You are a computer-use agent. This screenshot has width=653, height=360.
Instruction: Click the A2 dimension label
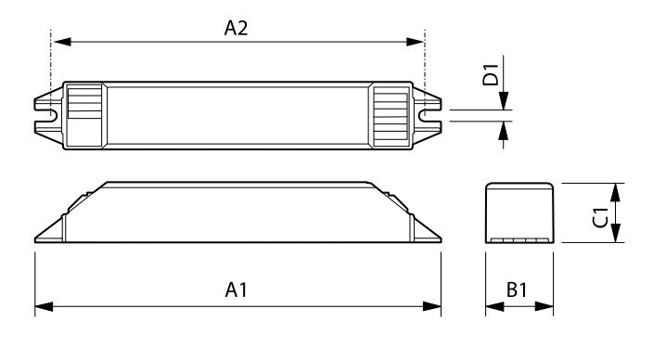(237, 28)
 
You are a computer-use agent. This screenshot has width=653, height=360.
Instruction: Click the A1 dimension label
(237, 289)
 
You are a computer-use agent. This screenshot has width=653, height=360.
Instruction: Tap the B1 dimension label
(517, 289)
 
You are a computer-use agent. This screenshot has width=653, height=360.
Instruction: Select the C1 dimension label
(600, 217)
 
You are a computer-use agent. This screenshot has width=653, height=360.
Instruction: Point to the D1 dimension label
(491, 74)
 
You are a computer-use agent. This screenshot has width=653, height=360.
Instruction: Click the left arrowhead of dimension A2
(62, 42)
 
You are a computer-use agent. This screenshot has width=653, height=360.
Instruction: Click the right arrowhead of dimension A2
(415, 42)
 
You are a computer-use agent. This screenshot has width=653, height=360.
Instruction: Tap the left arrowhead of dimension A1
(45, 307)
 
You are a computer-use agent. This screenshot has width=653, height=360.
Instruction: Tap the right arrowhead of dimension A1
(432, 307)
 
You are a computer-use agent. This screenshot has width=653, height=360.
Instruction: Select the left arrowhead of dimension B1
(494, 307)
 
